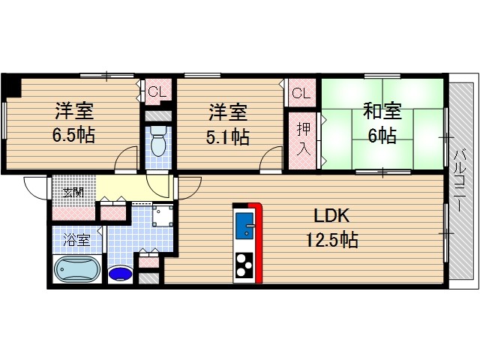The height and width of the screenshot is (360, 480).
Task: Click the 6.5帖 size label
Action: pos(73,135)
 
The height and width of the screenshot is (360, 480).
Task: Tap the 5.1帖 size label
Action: pos(227,136)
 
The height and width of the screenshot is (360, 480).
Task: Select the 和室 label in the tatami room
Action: pos(382,111)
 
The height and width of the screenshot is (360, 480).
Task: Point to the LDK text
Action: pos(332,216)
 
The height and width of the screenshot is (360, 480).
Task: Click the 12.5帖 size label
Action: pos(332,240)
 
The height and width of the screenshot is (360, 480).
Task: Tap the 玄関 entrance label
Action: pos(73,193)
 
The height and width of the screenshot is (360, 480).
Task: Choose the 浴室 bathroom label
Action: pos(76,240)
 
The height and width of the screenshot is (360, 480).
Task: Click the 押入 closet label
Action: pos(304,140)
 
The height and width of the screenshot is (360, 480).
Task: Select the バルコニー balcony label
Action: pos(458,180)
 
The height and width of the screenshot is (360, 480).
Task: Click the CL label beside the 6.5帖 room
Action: pos(157,91)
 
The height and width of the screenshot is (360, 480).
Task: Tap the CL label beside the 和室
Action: pos(301,92)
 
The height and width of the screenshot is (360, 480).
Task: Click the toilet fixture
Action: pos(158,141)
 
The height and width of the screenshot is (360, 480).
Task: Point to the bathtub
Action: pos(77,269)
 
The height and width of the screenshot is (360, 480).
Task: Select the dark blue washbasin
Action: pos(121,273)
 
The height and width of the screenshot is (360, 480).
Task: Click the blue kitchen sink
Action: pos(244,225)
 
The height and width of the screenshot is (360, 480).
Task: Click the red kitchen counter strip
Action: pos(258,241)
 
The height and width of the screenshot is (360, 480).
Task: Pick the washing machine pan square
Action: pos(163,215)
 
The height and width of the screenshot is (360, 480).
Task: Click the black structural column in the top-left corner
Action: pos(12,85)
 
